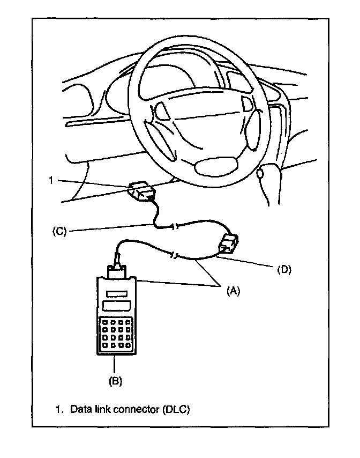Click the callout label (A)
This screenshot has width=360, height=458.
[231, 290]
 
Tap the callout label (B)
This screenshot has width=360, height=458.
[115, 381]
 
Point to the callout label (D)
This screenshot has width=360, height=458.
[283, 270]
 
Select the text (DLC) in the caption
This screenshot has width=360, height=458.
[174, 409]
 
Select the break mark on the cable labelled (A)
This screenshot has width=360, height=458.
[175, 255]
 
